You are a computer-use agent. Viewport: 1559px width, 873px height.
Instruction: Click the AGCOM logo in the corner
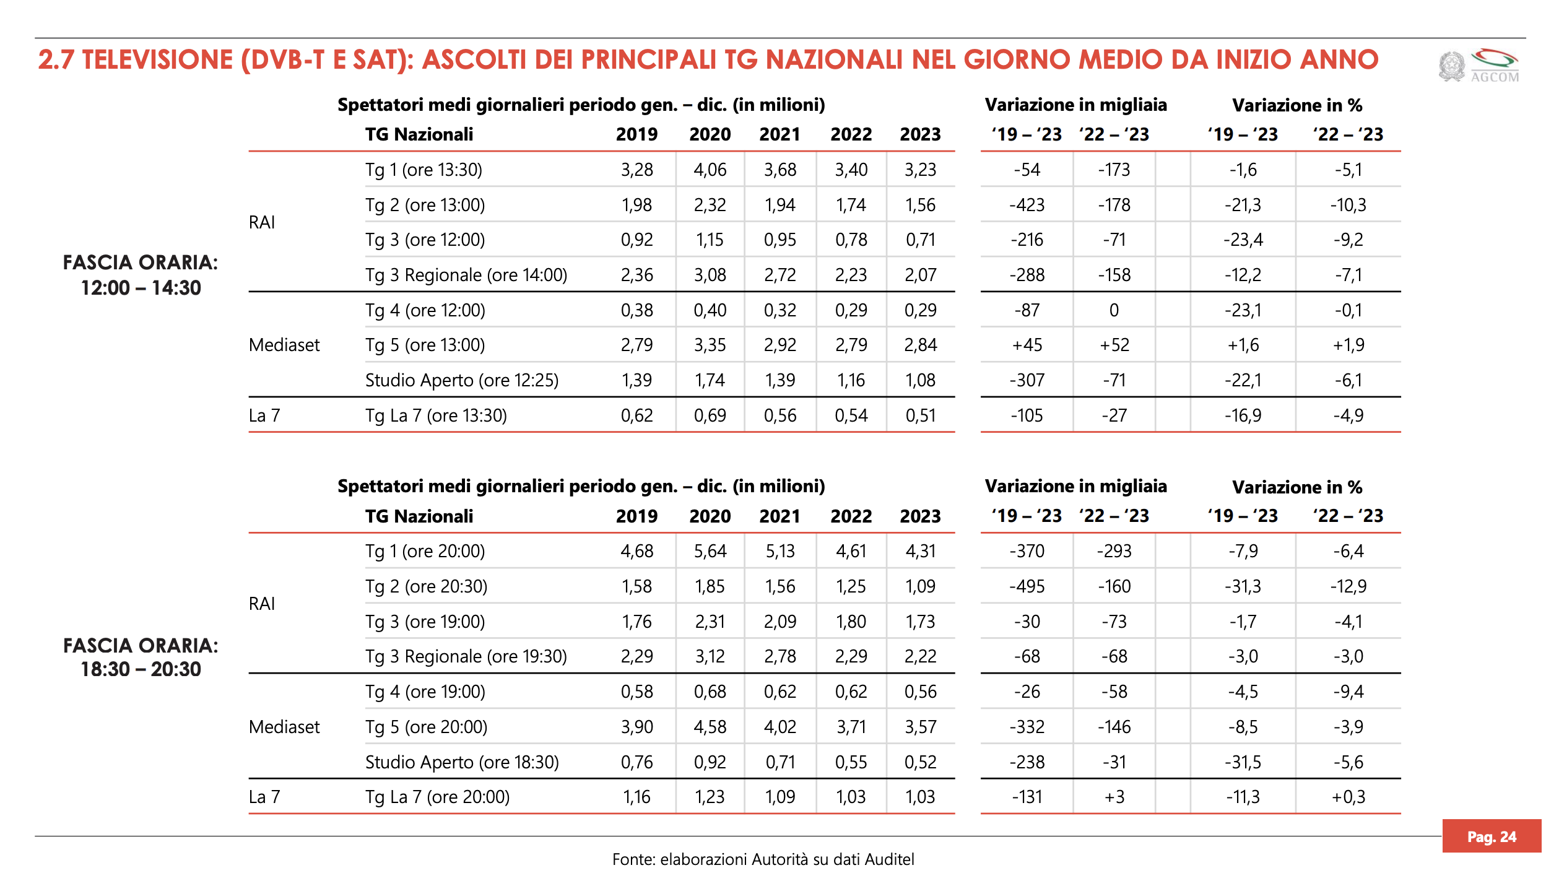pyautogui.click(x=1480, y=66)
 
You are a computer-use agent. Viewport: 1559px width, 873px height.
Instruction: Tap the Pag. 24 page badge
pyautogui.click(x=1491, y=836)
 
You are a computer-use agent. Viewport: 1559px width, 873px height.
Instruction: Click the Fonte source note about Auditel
pyautogui.click(x=763, y=859)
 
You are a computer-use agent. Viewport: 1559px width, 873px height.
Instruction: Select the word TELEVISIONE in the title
pyautogui.click(x=157, y=60)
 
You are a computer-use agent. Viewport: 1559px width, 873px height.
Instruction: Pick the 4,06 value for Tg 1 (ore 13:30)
pyautogui.click(x=710, y=170)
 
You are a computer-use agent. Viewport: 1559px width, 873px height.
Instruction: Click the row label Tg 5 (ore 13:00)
pyautogui.click(x=425, y=345)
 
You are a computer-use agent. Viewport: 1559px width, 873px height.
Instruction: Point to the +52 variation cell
pyautogui.click(x=1114, y=345)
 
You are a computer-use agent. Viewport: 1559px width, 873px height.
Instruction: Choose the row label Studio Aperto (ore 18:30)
pyautogui.click(x=462, y=762)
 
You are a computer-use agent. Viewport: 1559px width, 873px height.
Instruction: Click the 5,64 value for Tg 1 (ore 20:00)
pyautogui.click(x=710, y=551)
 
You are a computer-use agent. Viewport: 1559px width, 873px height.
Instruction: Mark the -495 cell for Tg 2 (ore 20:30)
pyautogui.click(x=1027, y=586)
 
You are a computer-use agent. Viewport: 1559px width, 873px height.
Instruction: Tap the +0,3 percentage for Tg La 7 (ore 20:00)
pyautogui.click(x=1348, y=797)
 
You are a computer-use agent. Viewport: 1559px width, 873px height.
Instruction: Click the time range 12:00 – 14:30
pyautogui.click(x=141, y=288)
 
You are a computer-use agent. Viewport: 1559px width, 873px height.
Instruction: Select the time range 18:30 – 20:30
pyautogui.click(x=141, y=669)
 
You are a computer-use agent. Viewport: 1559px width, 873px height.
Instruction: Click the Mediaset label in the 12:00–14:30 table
pyautogui.click(x=284, y=345)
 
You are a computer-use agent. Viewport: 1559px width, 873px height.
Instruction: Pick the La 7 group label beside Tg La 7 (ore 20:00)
pyautogui.click(x=264, y=797)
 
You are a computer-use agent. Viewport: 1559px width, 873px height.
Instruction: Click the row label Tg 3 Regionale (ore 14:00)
pyautogui.click(x=466, y=275)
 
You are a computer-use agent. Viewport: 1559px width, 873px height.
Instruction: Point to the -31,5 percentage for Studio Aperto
pyautogui.click(x=1243, y=762)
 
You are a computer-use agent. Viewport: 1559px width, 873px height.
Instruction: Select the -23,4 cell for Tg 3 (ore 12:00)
pyautogui.click(x=1243, y=240)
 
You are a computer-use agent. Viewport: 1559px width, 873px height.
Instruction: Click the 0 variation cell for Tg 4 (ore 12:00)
pyautogui.click(x=1114, y=310)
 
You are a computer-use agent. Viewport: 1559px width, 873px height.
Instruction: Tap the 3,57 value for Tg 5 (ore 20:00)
pyautogui.click(x=920, y=727)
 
